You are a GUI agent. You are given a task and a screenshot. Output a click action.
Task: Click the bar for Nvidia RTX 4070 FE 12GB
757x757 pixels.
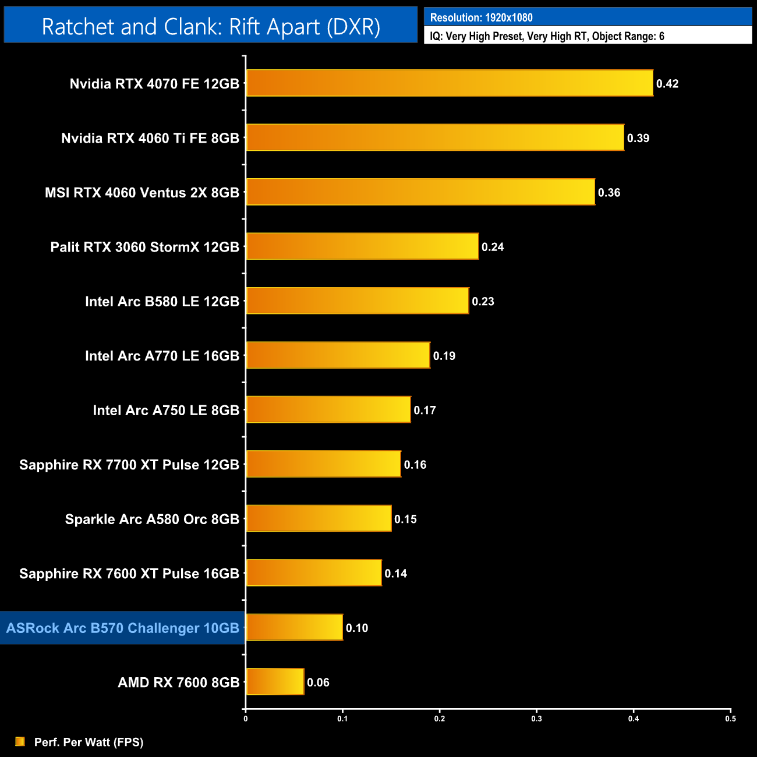point(450,83)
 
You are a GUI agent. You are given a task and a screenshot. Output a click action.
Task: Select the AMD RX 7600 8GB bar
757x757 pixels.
point(275,682)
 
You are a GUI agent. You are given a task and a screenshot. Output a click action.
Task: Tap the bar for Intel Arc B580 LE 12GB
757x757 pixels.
point(358,301)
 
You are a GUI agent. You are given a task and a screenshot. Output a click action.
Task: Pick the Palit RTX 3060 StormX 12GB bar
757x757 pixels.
point(362,246)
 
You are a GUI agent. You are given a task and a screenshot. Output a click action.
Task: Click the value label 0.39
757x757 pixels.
point(638,139)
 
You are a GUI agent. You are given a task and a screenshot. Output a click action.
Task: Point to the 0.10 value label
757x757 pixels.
point(357,628)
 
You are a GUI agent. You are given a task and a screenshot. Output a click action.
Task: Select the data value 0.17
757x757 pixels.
point(425,411)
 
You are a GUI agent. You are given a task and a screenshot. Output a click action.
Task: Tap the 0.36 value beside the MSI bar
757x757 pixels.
point(609,193)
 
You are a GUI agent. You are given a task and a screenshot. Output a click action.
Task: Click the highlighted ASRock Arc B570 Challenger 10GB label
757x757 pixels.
point(123,628)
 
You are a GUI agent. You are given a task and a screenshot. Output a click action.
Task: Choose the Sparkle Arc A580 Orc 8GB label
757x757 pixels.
point(152,519)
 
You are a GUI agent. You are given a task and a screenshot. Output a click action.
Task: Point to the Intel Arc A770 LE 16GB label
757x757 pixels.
point(162,356)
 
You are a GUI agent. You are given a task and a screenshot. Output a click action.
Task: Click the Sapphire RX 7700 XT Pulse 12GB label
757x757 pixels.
point(129,465)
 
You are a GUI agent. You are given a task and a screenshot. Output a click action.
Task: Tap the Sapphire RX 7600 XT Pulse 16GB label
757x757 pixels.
point(129,574)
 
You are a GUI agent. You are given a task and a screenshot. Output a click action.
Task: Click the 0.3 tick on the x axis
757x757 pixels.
point(536,719)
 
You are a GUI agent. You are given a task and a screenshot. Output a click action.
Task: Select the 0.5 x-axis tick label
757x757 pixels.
point(730,719)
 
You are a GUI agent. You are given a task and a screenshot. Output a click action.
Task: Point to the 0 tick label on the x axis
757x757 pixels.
point(246,719)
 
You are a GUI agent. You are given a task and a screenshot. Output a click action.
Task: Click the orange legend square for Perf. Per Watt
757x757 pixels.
point(20,741)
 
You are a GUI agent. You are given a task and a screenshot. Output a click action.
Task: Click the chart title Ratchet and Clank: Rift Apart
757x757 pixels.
point(211,27)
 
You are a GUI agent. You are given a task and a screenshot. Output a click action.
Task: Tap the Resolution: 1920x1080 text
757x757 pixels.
point(481,17)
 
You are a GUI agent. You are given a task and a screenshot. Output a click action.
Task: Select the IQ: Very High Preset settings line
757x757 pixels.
point(547,36)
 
